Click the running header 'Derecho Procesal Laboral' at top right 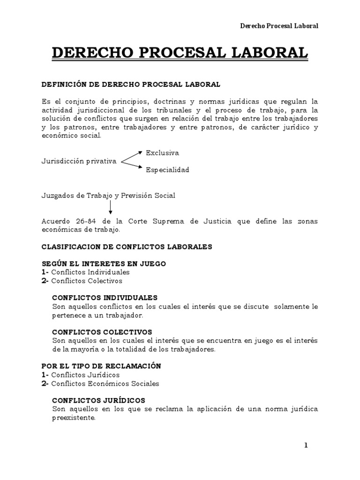point(279,26)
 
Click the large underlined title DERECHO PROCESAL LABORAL point(180,53)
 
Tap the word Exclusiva point(162,153)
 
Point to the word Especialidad point(167,170)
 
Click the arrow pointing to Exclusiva point(132,156)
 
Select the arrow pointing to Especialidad point(132,166)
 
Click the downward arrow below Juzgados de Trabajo point(111,206)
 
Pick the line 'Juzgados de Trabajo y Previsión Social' point(108,195)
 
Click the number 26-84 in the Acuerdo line point(80,221)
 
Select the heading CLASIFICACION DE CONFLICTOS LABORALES point(127,247)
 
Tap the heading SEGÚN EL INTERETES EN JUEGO point(104,263)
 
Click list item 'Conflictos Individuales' point(90,272)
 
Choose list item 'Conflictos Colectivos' point(87,281)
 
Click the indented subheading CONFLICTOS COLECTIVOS point(102,332)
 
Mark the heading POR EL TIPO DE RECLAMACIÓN point(101,366)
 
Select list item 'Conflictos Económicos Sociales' point(105,383)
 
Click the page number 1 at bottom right point(306,445)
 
